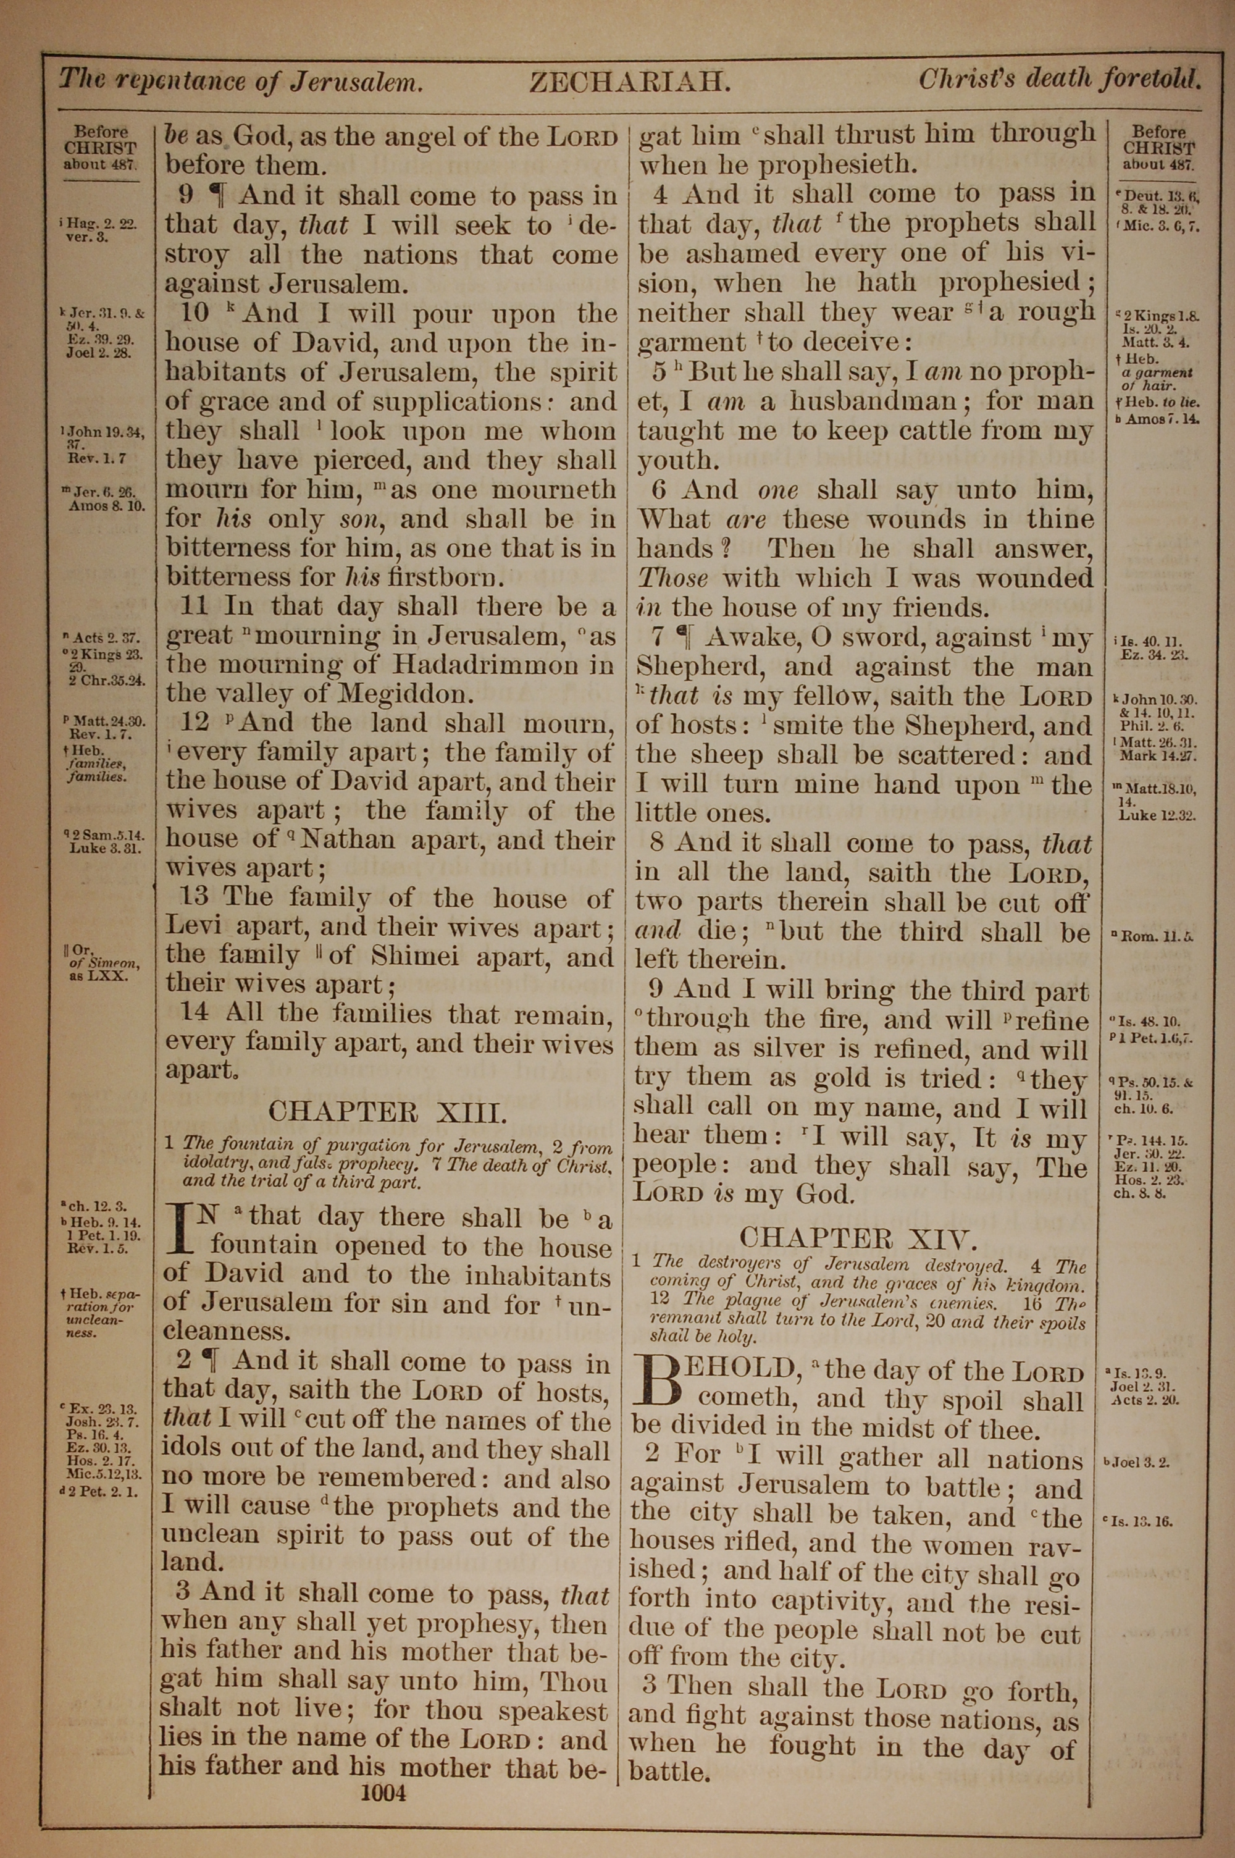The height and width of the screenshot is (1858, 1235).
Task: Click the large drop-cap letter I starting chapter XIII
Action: tap(182, 1230)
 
